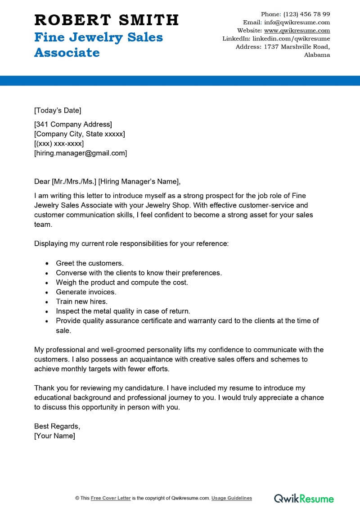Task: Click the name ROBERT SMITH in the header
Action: pyautogui.click(x=107, y=20)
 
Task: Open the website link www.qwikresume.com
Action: pyautogui.click(x=297, y=31)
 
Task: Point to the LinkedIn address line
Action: pyautogui.click(x=276, y=39)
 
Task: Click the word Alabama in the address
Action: pyautogui.click(x=317, y=55)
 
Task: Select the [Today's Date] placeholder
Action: pyautogui.click(x=58, y=110)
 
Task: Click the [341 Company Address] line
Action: pyautogui.click(x=73, y=124)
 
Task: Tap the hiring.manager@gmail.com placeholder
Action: pyautogui.click(x=81, y=153)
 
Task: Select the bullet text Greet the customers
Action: pyautogui.click(x=90, y=263)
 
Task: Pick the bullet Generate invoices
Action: pyautogui.click(x=85, y=292)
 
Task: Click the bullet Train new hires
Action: pyautogui.click(x=81, y=302)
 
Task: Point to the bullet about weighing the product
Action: pyautogui.click(x=121, y=282)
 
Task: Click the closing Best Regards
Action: pyautogui.click(x=57, y=426)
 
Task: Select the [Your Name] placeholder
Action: pyautogui.click(x=54, y=436)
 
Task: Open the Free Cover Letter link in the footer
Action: pyautogui.click(x=111, y=498)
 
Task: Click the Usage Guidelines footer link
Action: pyautogui.click(x=232, y=498)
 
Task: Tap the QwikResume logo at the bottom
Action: pyautogui.click(x=304, y=498)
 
